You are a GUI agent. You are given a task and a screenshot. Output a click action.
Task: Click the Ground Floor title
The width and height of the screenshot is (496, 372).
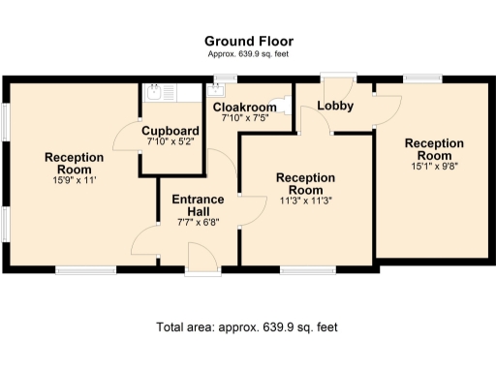pos(248,41)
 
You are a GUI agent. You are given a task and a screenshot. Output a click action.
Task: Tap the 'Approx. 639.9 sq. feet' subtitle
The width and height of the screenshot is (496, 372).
pos(248,54)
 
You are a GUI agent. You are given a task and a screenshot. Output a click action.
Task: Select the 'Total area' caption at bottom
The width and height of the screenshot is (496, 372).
pos(247,327)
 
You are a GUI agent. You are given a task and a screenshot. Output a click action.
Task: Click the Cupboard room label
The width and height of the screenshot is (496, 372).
pos(170,132)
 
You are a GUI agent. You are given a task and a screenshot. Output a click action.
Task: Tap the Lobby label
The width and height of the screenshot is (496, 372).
pos(335,106)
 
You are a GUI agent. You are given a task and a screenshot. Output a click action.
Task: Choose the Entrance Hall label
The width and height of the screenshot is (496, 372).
pos(198,205)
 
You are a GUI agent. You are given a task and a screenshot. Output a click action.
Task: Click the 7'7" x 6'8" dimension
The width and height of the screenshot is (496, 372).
pos(198,222)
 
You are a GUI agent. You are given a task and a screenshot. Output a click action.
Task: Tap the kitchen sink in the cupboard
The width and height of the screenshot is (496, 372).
pos(155,93)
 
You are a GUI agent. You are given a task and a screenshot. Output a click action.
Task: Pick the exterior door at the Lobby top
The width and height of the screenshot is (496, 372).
pos(336,78)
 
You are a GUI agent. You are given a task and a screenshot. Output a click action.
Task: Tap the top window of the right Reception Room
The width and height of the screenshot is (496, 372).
pos(422,77)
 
